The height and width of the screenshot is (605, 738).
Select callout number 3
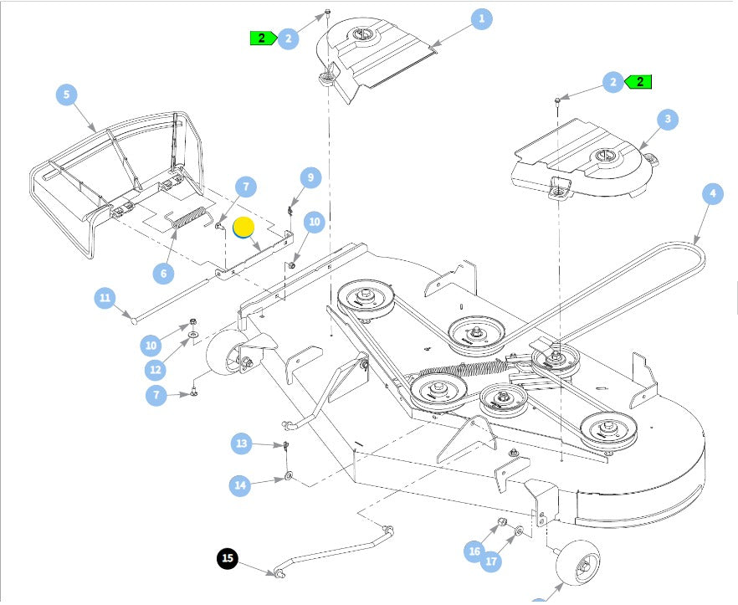667,120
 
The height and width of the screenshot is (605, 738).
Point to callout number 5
67,95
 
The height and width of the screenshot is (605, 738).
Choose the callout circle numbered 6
164,272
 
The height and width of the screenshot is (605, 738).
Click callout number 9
310,177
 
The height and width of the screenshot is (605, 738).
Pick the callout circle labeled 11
105,298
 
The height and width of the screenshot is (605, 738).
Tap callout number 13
242,443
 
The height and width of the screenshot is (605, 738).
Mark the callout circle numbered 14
241,484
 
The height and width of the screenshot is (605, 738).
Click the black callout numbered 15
228,559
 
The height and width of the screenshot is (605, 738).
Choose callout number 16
474,551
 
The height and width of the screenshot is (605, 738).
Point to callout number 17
492,560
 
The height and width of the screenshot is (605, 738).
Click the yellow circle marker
243,228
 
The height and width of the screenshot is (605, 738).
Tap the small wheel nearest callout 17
576,566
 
